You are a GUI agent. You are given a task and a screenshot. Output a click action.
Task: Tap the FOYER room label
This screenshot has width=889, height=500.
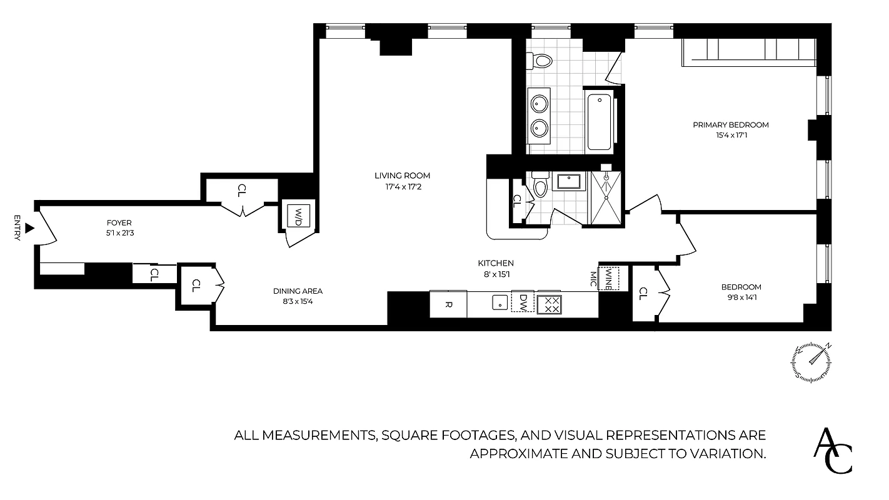[x=119, y=222]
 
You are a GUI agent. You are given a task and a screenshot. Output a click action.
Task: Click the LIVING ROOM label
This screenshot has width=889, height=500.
[x=402, y=176]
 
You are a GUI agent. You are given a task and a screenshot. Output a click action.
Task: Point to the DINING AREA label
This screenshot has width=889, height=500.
[x=298, y=291]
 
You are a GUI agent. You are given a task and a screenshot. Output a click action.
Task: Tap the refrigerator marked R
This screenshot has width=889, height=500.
[x=448, y=304]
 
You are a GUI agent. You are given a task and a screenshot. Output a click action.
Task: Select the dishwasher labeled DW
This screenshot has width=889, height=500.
[x=523, y=302]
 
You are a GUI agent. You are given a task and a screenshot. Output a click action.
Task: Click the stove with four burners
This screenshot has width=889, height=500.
[x=550, y=304]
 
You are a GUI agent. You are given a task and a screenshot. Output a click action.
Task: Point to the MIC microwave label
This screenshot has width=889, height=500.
[x=593, y=278]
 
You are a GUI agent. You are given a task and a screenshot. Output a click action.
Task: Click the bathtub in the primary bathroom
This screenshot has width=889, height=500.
[x=599, y=122]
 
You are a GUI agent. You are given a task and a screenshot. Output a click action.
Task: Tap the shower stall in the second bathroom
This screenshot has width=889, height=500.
[x=605, y=196]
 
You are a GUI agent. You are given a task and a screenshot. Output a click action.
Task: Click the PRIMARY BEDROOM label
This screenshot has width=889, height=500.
[x=730, y=125]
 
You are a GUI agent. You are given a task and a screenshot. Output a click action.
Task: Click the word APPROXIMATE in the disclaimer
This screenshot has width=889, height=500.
[x=519, y=454]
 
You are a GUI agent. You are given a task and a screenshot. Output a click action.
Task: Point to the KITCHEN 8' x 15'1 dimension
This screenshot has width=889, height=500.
[x=496, y=274]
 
